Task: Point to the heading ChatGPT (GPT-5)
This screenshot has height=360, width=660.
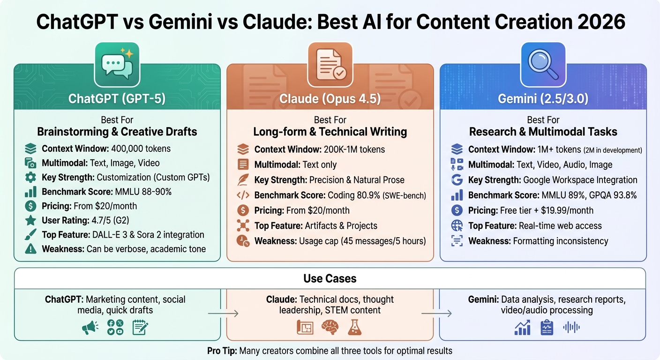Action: [117, 98]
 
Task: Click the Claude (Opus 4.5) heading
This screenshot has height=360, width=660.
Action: [330, 98]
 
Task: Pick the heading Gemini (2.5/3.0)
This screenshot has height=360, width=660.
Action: [543, 98]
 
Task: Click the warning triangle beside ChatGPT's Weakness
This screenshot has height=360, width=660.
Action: [30, 248]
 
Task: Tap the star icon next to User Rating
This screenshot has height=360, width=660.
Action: [30, 220]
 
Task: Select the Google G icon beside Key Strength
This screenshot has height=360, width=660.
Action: [457, 180]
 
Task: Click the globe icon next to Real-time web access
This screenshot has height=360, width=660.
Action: [457, 225]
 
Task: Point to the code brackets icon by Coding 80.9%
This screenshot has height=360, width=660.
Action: [243, 195]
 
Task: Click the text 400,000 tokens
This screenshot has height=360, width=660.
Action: [141, 149]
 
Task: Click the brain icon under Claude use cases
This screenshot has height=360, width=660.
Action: [330, 328]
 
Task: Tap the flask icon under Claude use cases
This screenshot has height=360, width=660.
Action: [355, 328]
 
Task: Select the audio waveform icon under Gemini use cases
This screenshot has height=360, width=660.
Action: [571, 328]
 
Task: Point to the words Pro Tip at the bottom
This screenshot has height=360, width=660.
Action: [222, 351]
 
